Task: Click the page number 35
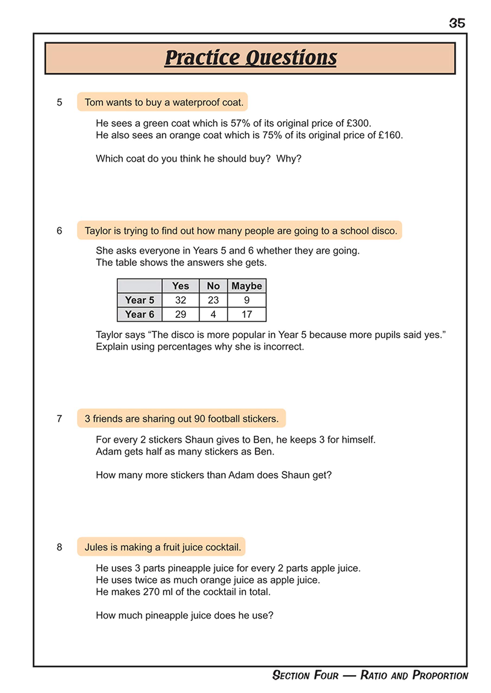pyautogui.click(x=457, y=23)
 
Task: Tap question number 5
pyautogui.click(x=59, y=102)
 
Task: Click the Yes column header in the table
pyautogui.click(x=180, y=286)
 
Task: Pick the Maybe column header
pyautogui.click(x=246, y=286)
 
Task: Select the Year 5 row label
pyautogui.click(x=139, y=300)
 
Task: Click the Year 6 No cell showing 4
pyautogui.click(x=213, y=314)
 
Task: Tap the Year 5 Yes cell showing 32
pyautogui.click(x=180, y=300)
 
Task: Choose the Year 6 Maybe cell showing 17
pyautogui.click(x=246, y=314)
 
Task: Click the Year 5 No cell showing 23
pyautogui.click(x=213, y=300)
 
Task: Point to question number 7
pyautogui.click(x=59, y=419)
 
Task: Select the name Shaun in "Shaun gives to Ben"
pyautogui.click(x=198, y=440)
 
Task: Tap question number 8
pyautogui.click(x=59, y=547)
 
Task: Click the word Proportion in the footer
pyautogui.click(x=440, y=675)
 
